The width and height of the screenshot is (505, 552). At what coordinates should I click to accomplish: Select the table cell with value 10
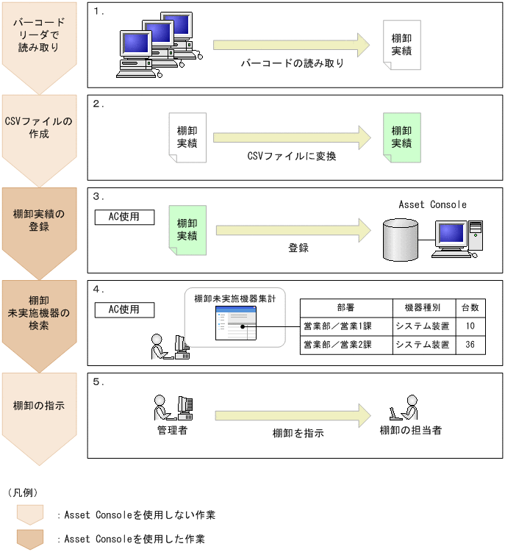coord(470,325)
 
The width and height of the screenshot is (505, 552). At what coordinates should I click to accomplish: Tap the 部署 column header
coord(346,307)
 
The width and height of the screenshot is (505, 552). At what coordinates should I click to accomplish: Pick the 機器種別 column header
coord(423,307)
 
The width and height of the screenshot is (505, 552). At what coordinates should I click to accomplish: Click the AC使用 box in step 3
coord(124,217)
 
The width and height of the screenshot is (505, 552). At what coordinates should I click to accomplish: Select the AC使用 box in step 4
coord(124,309)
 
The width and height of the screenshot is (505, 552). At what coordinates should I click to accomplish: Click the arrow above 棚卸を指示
coord(293,415)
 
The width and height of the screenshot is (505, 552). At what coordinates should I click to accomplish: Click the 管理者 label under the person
coord(172,430)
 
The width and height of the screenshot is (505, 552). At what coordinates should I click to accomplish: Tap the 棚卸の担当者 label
coord(411,430)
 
